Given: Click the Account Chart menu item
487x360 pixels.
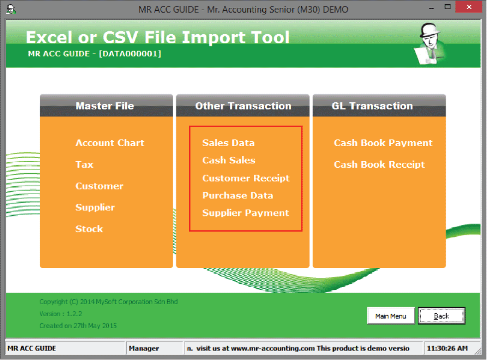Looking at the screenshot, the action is coord(110,143).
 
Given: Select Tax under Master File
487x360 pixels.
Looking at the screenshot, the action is coord(84,164).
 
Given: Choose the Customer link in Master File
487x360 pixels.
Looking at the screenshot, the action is coord(99,186).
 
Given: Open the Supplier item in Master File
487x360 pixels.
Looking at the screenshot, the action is coord(95,208).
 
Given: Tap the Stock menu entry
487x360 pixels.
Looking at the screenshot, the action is coord(89,229).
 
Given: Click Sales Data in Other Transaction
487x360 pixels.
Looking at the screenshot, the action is coord(228,143).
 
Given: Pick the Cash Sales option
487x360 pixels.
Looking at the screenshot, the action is coord(229,160).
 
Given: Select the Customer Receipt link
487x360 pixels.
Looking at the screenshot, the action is coord(246,178).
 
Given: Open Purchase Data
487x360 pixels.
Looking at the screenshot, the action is coord(238,196).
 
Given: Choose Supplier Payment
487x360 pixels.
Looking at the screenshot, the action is coord(246,213).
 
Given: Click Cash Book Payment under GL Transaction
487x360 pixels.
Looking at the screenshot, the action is coord(383,143).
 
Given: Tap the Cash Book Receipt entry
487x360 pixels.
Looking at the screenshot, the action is coord(379,164).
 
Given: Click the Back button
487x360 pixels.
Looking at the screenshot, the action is coord(441,316).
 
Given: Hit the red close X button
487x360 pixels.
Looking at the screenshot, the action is coord(469,7).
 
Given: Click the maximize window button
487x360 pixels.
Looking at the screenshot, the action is coord(447,7).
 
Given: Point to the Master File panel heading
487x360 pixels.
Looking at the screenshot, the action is coord(105,106).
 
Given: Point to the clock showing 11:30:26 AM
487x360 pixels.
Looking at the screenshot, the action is coord(447,348).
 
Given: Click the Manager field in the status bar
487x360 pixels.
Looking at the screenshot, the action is coord(144,348).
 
